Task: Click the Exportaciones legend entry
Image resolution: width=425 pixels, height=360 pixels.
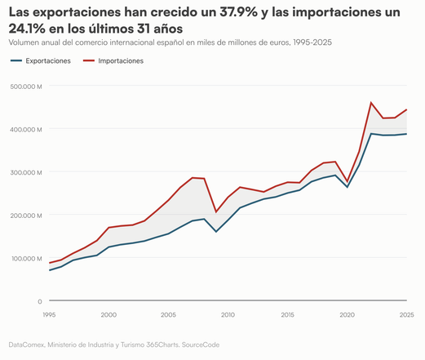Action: click(x=40, y=60)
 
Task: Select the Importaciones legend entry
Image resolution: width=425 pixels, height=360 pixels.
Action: click(x=113, y=60)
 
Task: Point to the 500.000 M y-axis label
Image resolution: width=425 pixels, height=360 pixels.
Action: click(x=26, y=87)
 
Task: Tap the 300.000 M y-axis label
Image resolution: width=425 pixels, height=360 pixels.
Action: click(x=26, y=172)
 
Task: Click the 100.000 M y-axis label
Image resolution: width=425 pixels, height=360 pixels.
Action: click(x=27, y=259)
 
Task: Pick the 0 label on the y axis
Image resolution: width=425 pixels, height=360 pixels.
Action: click(x=40, y=301)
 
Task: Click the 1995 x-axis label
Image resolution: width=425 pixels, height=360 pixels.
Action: click(x=49, y=315)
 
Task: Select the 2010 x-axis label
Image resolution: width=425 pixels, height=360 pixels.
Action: click(x=228, y=315)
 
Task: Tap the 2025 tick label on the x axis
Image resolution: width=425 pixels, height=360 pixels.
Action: click(x=407, y=315)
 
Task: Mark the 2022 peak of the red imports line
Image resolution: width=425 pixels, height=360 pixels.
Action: click(x=371, y=103)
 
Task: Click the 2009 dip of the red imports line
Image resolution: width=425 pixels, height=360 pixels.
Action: click(x=216, y=212)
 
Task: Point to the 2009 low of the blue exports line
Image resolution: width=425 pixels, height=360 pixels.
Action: click(x=216, y=232)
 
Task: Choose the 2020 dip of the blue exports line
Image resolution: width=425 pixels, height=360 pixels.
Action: click(x=348, y=187)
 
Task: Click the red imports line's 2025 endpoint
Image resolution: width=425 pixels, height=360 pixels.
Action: click(x=407, y=109)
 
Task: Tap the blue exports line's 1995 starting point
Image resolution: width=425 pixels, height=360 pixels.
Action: click(x=50, y=270)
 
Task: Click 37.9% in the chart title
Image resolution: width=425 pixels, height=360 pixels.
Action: click(x=238, y=12)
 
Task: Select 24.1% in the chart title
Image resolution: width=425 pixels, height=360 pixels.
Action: click(x=27, y=29)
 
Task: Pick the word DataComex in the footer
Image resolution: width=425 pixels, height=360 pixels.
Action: click(x=26, y=344)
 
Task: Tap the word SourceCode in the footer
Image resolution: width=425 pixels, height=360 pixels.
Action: click(x=201, y=344)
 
